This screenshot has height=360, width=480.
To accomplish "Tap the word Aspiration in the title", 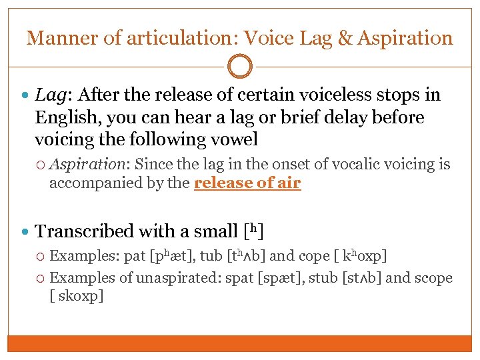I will point(405,38).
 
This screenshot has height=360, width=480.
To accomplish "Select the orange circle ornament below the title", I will point(240,67).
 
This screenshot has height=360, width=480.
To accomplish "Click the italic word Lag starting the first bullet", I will point(48,95).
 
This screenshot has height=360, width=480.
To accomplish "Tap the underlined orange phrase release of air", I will point(247,183).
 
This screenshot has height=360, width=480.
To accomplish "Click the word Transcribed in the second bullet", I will point(84,231).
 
